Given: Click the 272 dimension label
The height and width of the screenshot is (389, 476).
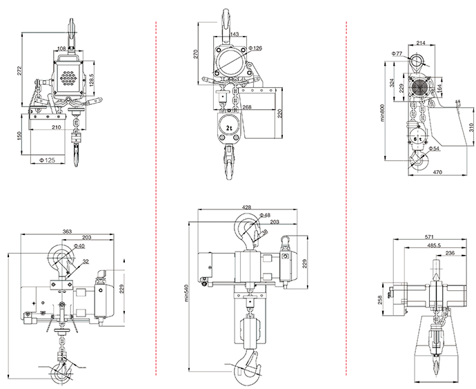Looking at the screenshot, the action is click(x=19, y=71).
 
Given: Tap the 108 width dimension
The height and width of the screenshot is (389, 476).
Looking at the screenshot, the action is click(x=61, y=48).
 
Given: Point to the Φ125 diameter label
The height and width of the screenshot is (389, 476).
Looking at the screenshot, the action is click(x=48, y=160).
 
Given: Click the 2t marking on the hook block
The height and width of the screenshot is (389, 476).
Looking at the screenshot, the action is click(x=229, y=128).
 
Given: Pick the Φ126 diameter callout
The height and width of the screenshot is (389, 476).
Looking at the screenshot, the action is click(x=255, y=48).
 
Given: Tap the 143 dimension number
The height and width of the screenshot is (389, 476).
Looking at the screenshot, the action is click(x=235, y=35).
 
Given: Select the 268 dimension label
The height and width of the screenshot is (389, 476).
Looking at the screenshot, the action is click(x=247, y=107).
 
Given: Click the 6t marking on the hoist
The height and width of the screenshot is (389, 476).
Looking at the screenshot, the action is click(x=418, y=139).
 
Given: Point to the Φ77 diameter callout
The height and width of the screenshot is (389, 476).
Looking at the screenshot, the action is click(x=397, y=53).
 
